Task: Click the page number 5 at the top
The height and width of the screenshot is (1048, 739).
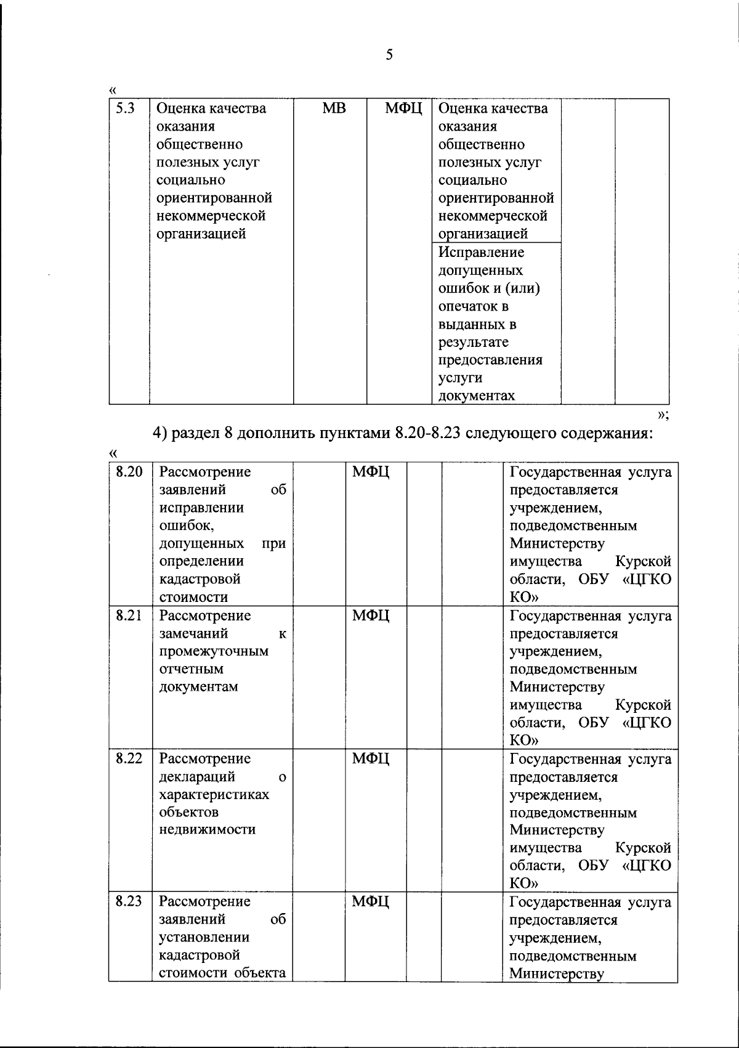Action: click(x=389, y=55)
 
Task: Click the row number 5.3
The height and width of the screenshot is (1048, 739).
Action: click(x=126, y=108)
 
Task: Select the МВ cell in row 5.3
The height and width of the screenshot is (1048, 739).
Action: click(x=334, y=108)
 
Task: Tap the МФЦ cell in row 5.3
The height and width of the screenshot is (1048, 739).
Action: click(x=404, y=109)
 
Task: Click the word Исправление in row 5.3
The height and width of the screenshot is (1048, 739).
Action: click(x=481, y=253)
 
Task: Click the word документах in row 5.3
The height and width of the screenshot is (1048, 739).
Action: click(x=476, y=396)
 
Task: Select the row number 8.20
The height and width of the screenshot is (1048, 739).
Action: click(x=129, y=472)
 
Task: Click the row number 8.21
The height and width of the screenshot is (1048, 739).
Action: click(x=129, y=615)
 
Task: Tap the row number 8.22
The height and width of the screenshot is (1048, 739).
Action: click(x=129, y=758)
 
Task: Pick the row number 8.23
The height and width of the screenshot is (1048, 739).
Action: click(x=129, y=901)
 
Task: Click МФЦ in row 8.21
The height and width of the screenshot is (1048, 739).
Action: click(x=371, y=615)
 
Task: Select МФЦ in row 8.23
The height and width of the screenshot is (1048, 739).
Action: click(x=371, y=902)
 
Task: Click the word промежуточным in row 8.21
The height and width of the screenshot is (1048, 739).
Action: click(x=214, y=651)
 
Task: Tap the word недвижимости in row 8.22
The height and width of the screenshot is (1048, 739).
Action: click(x=207, y=830)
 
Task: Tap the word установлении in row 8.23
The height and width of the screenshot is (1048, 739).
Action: click(x=204, y=938)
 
